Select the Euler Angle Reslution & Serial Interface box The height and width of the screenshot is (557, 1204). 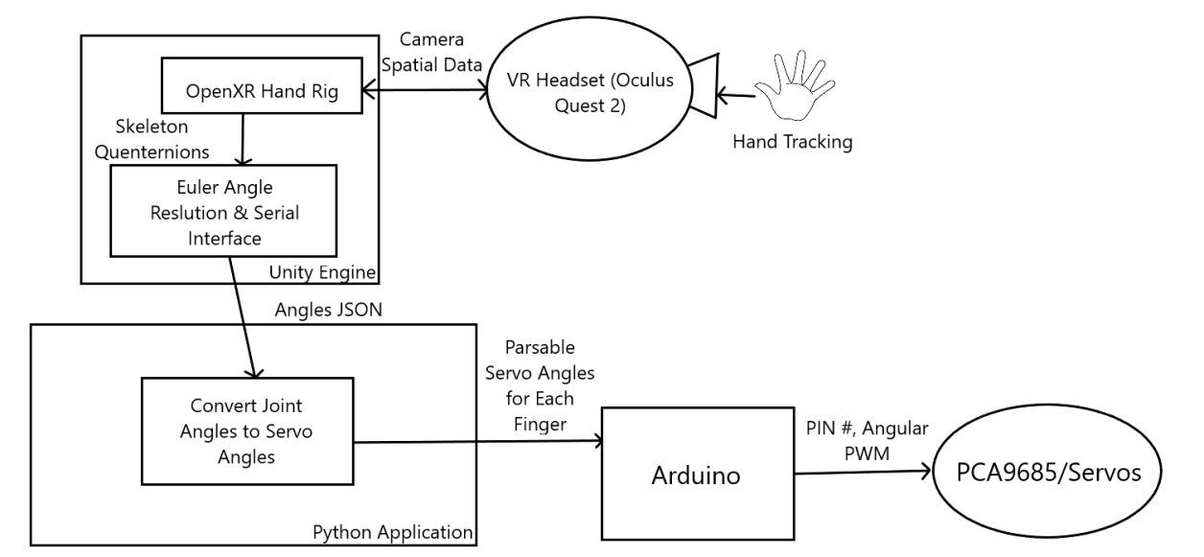pyautogui.click(x=223, y=210)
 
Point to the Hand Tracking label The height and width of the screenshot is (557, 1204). pyautogui.click(x=792, y=142)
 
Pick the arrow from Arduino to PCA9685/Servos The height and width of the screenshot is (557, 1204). pyautogui.click(x=863, y=471)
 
